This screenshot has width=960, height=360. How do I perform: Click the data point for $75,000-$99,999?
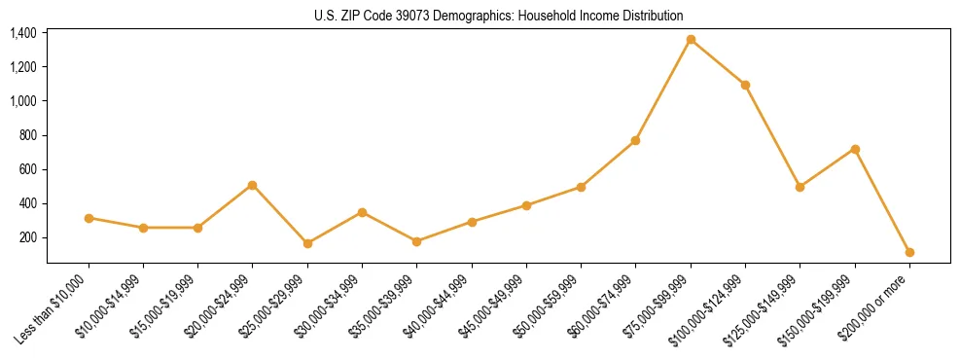point(691,40)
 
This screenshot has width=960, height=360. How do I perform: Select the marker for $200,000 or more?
point(909,252)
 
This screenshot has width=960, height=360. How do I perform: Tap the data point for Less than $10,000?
point(89,218)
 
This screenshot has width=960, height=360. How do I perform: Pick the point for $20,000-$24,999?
point(253,185)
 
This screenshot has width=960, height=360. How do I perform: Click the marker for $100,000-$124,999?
point(745,85)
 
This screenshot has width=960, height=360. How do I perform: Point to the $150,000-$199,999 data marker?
point(855,149)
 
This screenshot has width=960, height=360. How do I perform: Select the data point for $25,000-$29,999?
point(307,243)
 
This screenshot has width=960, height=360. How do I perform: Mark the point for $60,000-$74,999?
point(635,141)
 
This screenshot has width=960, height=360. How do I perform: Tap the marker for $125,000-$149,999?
point(800,187)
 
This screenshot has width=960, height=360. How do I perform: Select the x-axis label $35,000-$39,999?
point(388,305)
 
